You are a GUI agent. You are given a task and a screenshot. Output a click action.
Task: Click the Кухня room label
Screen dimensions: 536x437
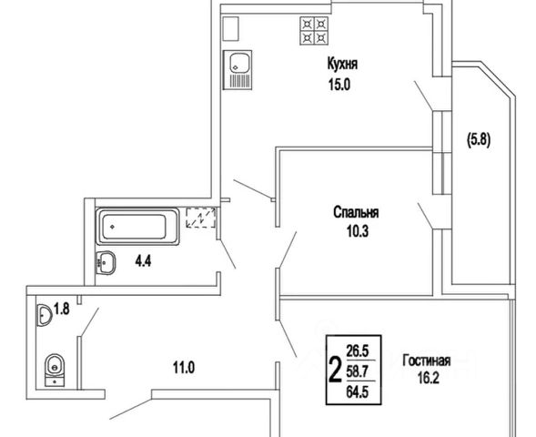[342, 64]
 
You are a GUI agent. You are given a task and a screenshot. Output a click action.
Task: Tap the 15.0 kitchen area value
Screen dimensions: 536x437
[339, 84]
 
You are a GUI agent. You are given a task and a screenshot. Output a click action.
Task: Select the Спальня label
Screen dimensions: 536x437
[356, 212]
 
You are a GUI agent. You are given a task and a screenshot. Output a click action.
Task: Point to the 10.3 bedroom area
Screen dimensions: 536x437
[358, 231]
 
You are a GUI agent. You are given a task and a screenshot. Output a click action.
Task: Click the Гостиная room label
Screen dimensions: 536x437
[426, 361]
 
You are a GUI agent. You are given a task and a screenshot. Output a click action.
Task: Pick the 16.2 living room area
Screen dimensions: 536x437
[428, 379]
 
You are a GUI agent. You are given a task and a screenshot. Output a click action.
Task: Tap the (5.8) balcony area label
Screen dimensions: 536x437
[479, 140]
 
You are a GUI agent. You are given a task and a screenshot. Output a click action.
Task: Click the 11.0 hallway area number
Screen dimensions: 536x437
[184, 369]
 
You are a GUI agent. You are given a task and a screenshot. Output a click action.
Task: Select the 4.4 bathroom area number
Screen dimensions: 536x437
[143, 261]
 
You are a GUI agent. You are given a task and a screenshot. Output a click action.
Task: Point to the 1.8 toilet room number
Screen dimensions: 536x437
[62, 310]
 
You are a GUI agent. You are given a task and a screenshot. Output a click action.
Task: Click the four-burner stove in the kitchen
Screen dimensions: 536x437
[314, 31]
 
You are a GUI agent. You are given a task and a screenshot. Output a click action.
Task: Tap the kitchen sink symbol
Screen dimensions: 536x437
[238, 70]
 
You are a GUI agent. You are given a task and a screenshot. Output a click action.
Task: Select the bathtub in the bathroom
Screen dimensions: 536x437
[137, 227]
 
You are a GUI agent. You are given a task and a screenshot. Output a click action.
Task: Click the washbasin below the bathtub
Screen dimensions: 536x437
[106, 263]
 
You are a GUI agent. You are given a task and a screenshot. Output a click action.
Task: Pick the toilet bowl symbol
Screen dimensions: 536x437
[55, 370]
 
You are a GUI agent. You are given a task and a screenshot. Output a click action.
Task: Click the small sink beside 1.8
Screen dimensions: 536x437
[44, 315]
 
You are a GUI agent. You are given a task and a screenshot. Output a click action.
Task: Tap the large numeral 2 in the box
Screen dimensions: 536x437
[335, 370]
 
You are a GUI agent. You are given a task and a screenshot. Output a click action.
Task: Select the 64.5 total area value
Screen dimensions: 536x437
[358, 392]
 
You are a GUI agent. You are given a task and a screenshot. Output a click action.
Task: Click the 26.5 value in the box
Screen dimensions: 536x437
[358, 351]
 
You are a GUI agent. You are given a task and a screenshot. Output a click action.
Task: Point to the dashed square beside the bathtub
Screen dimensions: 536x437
[200, 218]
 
